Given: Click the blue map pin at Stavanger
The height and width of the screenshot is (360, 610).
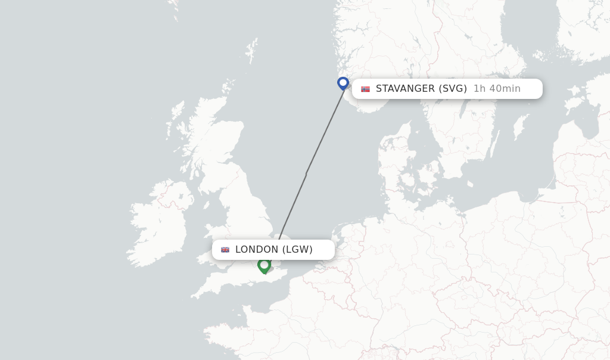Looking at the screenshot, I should (x=343, y=83).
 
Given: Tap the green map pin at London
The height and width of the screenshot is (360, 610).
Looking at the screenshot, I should (x=264, y=265).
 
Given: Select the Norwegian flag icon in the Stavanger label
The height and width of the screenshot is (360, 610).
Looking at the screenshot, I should (x=365, y=89).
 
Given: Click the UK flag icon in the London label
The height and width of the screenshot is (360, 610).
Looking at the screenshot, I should (x=225, y=250).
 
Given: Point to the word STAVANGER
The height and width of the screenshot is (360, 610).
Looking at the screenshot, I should (x=405, y=89).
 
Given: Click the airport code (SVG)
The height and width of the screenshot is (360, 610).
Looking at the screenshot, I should (x=453, y=89).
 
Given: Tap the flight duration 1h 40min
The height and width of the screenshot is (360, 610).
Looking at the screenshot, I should (x=497, y=89).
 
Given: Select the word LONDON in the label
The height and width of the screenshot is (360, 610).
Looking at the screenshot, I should (x=257, y=250).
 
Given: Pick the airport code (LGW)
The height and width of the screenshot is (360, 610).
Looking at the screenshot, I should (x=297, y=250).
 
